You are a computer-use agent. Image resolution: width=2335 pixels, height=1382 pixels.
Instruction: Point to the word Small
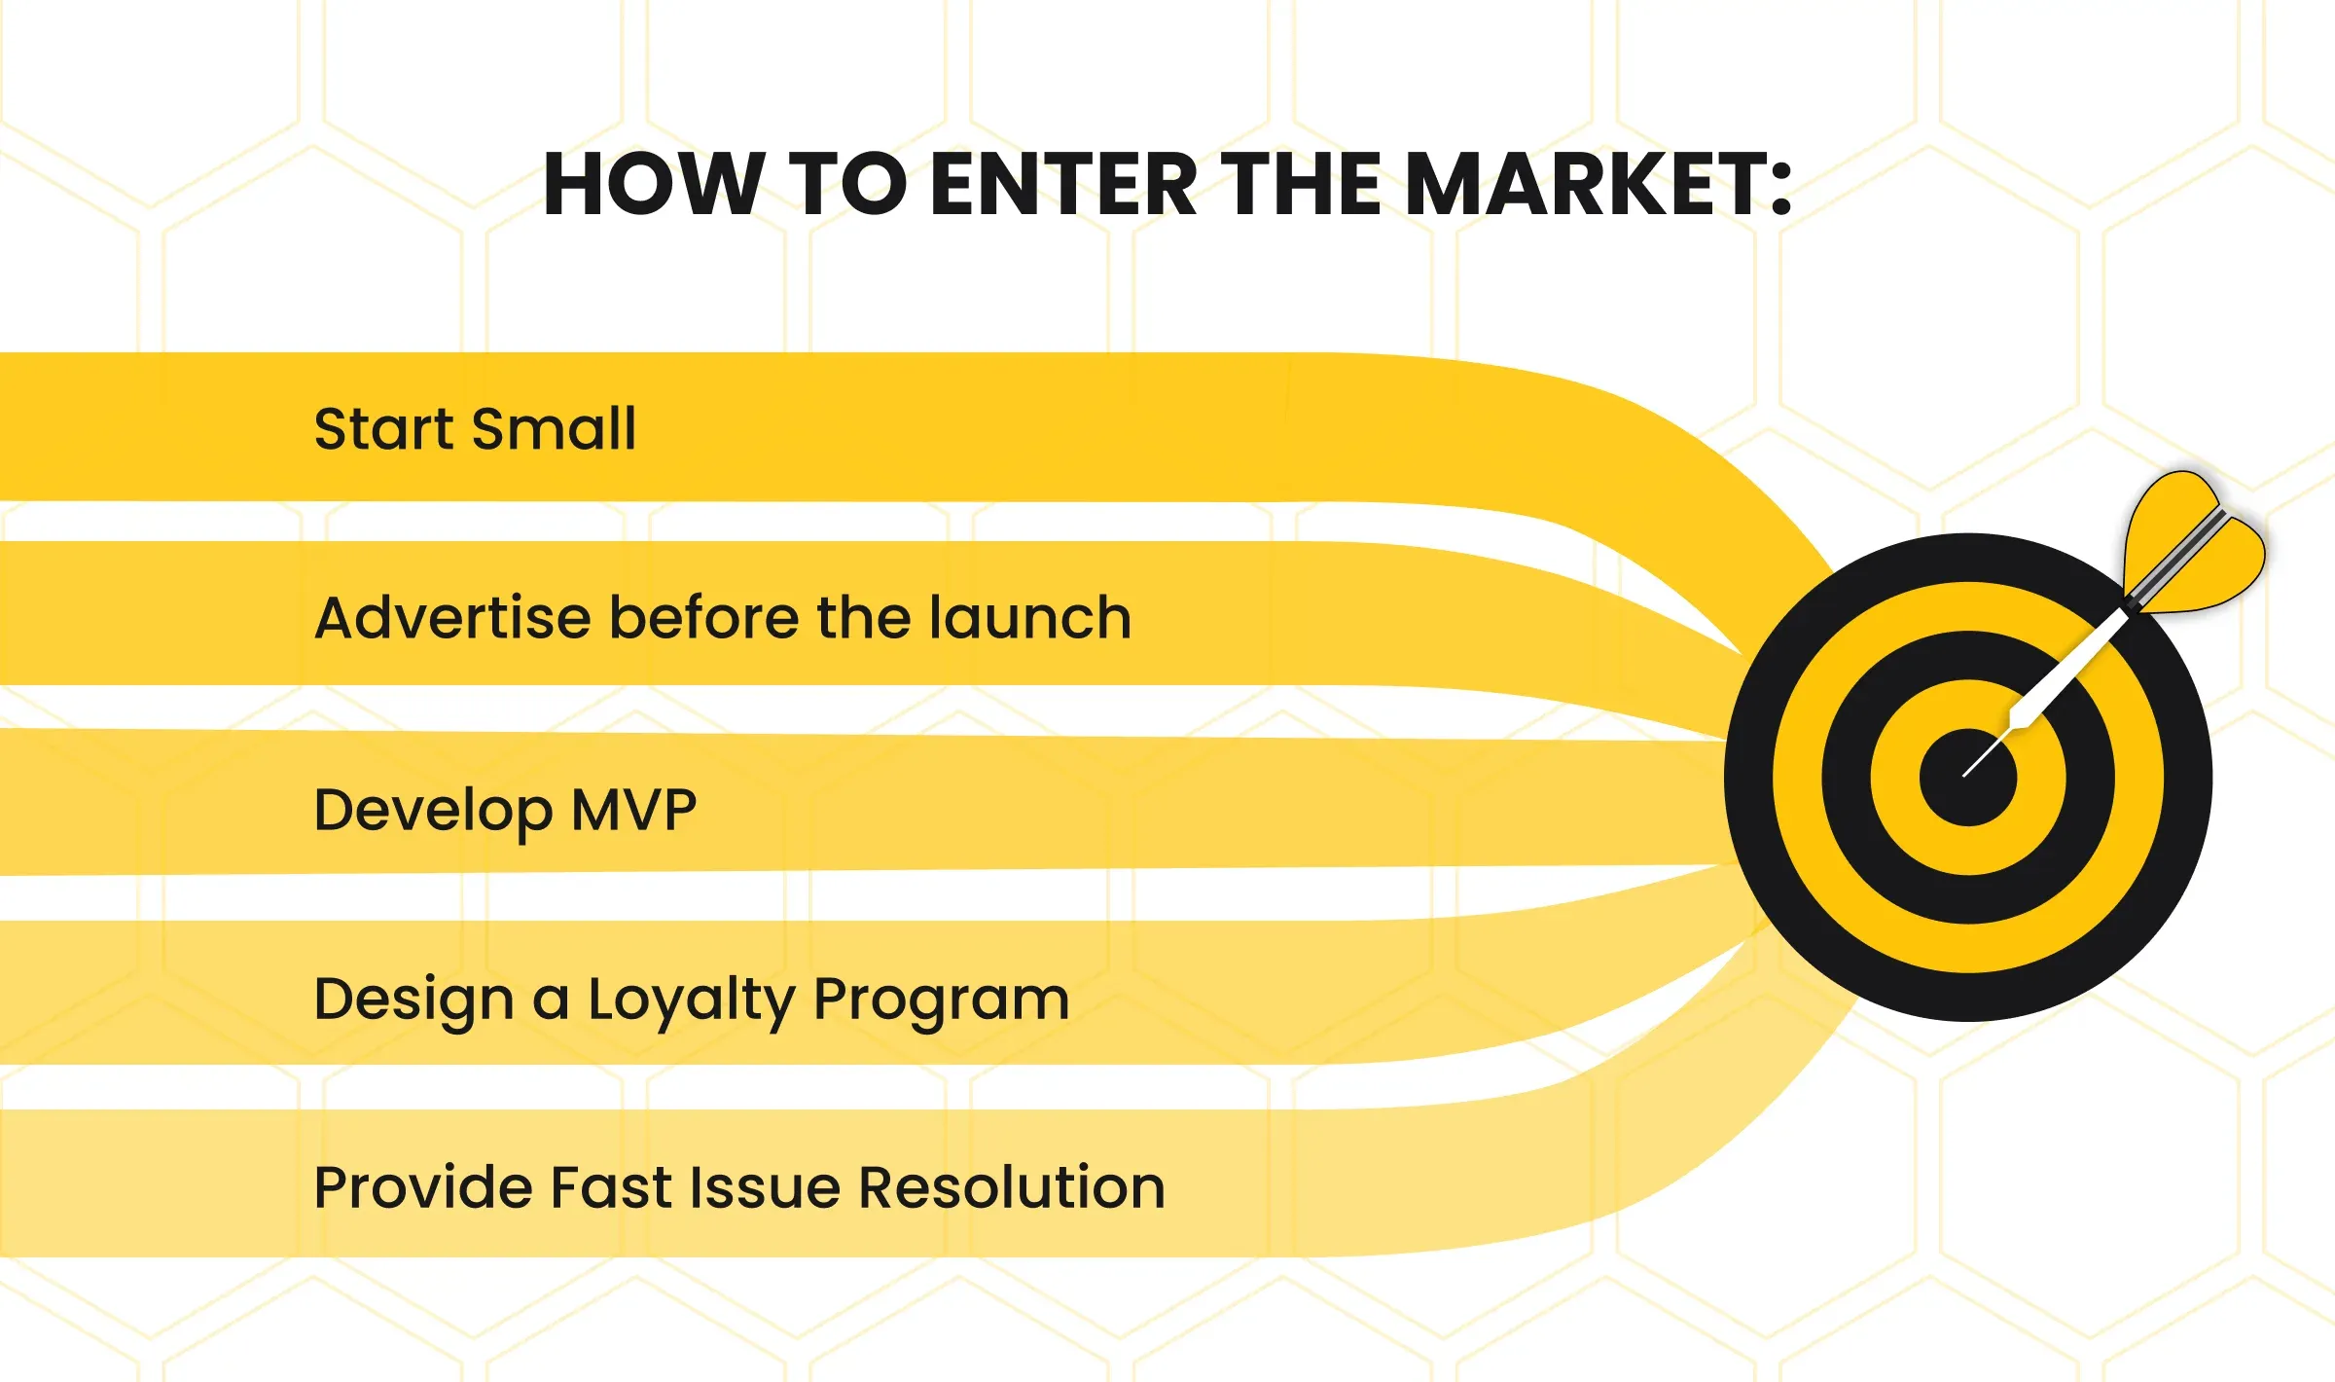(x=554, y=428)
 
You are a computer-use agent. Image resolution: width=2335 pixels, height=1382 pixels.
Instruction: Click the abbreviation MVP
(x=633, y=810)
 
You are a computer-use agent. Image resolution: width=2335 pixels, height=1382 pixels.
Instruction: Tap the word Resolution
(x=1012, y=1187)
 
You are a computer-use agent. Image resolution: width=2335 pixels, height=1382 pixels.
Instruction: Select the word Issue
(x=766, y=1187)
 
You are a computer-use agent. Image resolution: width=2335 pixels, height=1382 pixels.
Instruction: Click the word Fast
(x=612, y=1187)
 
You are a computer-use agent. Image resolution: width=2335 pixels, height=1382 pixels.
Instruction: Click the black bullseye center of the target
(x=1968, y=778)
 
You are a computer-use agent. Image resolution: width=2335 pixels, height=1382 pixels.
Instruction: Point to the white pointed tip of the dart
(x=1965, y=775)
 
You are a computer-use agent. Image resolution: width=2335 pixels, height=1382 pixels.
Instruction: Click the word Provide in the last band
(x=423, y=1187)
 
